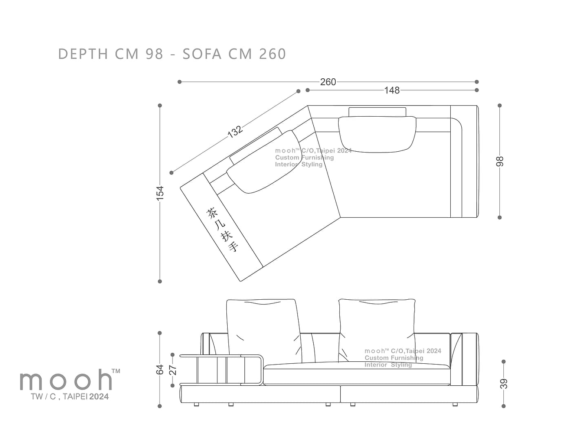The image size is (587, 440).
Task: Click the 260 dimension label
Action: [328, 82]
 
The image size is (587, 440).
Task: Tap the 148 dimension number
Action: [392, 91]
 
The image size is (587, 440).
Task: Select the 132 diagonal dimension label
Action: [235, 132]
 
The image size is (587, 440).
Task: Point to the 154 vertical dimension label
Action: [159, 193]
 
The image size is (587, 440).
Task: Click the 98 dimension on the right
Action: [500, 161]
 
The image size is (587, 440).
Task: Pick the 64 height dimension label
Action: [159, 369]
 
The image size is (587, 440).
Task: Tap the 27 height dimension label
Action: [173, 370]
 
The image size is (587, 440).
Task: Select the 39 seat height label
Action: [503, 384]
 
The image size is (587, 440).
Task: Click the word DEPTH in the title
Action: [83, 54]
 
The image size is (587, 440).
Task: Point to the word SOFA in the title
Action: [202, 54]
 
